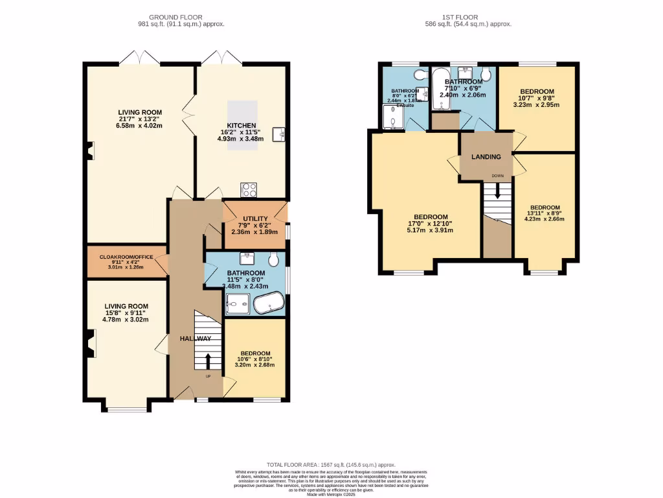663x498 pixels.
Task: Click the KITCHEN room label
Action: point(241,125)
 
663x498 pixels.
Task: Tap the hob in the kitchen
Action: point(249,190)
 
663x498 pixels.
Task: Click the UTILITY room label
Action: point(254,219)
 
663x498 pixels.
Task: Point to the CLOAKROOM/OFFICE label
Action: point(126,257)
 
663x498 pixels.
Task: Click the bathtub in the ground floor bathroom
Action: point(269,303)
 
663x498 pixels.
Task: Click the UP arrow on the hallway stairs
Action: point(208,361)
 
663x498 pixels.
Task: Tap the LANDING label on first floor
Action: point(486,157)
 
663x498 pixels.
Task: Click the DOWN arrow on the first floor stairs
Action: point(497,190)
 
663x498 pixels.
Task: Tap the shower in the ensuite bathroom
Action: point(392,117)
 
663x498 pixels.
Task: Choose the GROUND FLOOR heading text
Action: point(175,17)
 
